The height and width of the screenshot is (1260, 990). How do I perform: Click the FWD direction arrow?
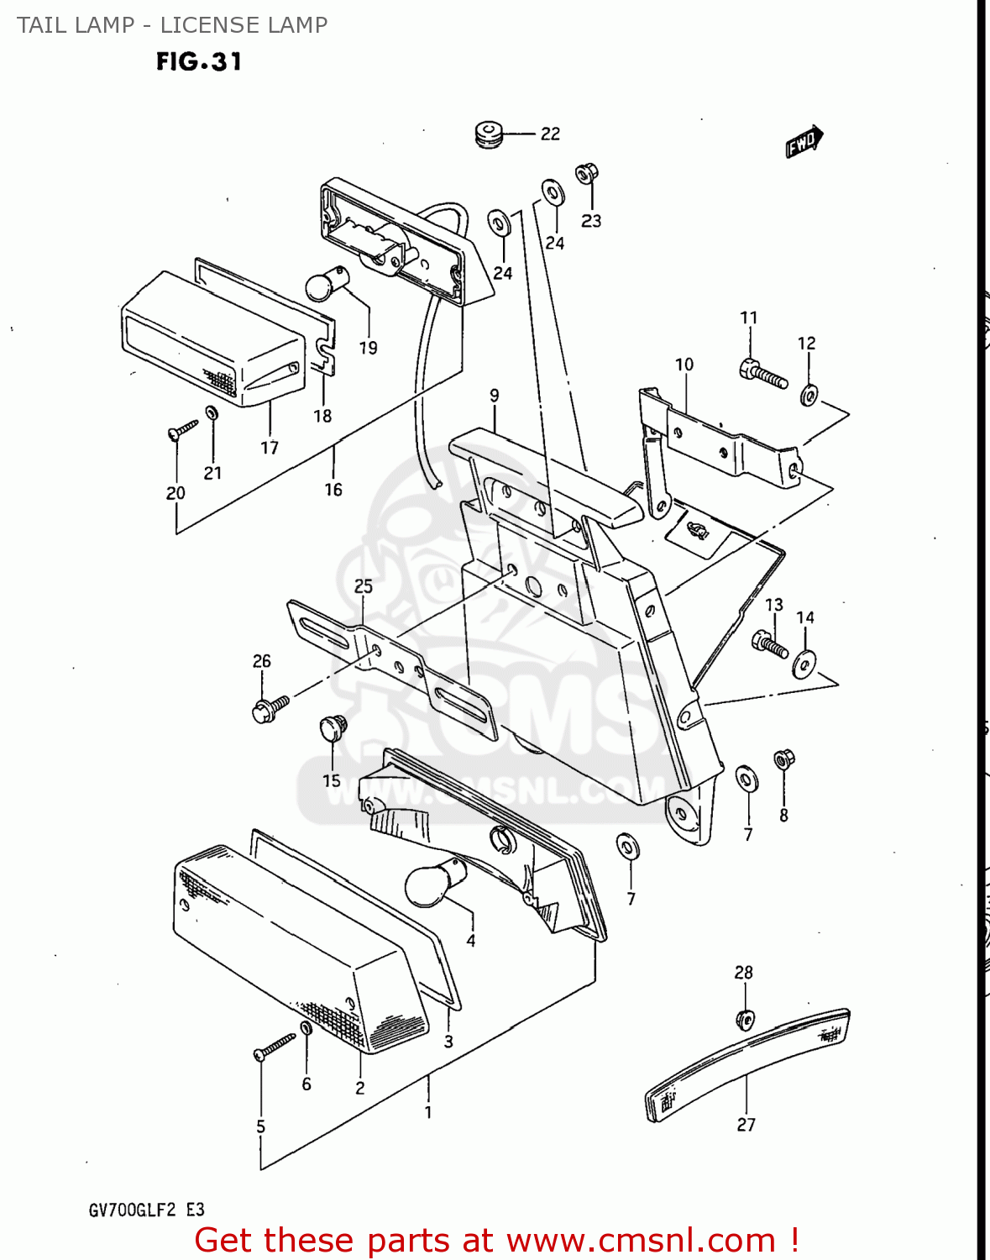tap(804, 141)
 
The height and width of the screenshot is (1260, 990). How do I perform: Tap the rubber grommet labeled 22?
tap(488, 134)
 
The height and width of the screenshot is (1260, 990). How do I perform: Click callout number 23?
tap(591, 221)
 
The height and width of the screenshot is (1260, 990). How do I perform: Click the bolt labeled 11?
tap(763, 374)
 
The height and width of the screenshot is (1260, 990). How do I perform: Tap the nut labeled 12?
tap(809, 394)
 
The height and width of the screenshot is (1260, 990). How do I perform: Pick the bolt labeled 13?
tap(770, 644)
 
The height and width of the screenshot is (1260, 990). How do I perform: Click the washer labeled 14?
tap(804, 664)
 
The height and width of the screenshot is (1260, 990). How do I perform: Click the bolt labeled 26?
tap(270, 708)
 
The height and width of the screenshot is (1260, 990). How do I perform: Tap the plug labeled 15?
tap(333, 727)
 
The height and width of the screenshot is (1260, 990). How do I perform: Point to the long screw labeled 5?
tap(275, 1047)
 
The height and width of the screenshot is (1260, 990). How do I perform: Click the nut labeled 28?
tap(745, 1019)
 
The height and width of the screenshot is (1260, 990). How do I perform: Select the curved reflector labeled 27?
tap(746, 1063)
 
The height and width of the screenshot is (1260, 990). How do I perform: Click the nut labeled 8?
tap(783, 759)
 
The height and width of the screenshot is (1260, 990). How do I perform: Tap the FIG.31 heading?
tap(199, 61)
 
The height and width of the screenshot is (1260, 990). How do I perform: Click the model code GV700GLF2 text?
tap(132, 1210)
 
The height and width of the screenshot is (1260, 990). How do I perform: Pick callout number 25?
tap(363, 586)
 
